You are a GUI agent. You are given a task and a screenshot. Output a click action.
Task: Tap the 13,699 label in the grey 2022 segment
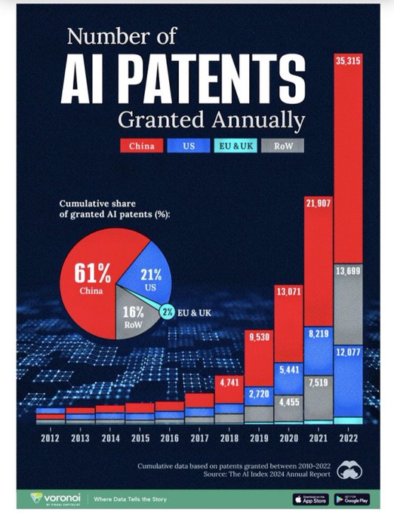click(x=348, y=272)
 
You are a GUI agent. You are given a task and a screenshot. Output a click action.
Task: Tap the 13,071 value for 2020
click(x=288, y=290)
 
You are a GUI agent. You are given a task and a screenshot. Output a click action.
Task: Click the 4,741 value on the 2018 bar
click(x=229, y=382)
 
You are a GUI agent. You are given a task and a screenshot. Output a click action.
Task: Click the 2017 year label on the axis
click(x=199, y=437)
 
